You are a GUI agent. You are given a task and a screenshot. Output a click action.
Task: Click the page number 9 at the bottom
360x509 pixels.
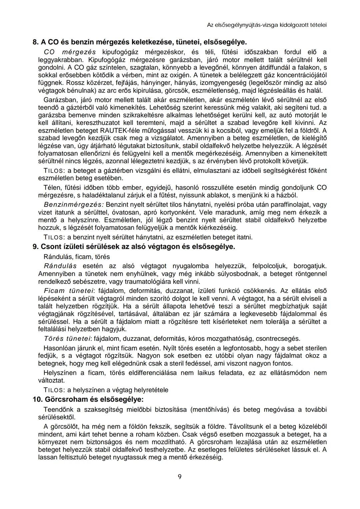180,477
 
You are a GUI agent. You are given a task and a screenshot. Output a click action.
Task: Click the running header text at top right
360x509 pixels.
267,25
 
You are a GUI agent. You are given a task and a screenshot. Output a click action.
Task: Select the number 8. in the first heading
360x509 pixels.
36,42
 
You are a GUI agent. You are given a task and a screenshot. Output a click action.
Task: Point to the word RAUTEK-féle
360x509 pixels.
117,130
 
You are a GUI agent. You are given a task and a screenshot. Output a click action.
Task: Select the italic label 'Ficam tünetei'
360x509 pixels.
69,291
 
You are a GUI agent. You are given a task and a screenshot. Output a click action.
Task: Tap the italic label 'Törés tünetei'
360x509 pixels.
67,339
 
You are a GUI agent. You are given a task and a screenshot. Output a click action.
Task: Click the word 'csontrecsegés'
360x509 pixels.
277,339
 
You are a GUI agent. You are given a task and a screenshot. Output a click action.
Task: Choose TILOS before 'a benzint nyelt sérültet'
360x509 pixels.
54,238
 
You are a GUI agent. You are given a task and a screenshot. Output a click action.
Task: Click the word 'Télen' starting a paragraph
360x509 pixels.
52,187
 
